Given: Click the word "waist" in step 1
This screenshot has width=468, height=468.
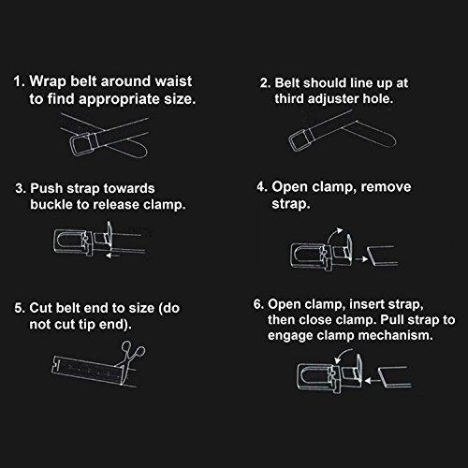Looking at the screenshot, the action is pyautogui.click(x=173, y=81).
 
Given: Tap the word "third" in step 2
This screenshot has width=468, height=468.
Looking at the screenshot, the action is pyautogui.click(x=289, y=98).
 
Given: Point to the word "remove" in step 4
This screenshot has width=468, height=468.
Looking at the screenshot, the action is pyautogui.click(x=386, y=187).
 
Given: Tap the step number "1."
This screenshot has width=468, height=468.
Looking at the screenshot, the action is pyautogui.click(x=20, y=81).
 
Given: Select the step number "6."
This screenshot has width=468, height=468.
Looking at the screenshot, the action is pyautogui.click(x=258, y=304).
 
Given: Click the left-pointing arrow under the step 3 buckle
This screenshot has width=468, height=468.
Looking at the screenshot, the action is pyautogui.click(x=113, y=256).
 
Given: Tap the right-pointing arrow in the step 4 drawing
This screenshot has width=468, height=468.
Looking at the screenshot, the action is pyautogui.click(x=361, y=258).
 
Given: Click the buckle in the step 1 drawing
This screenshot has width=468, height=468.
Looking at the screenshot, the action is pyautogui.click(x=81, y=144).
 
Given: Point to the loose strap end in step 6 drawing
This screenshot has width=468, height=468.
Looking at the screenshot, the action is pyautogui.click(x=394, y=377).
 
